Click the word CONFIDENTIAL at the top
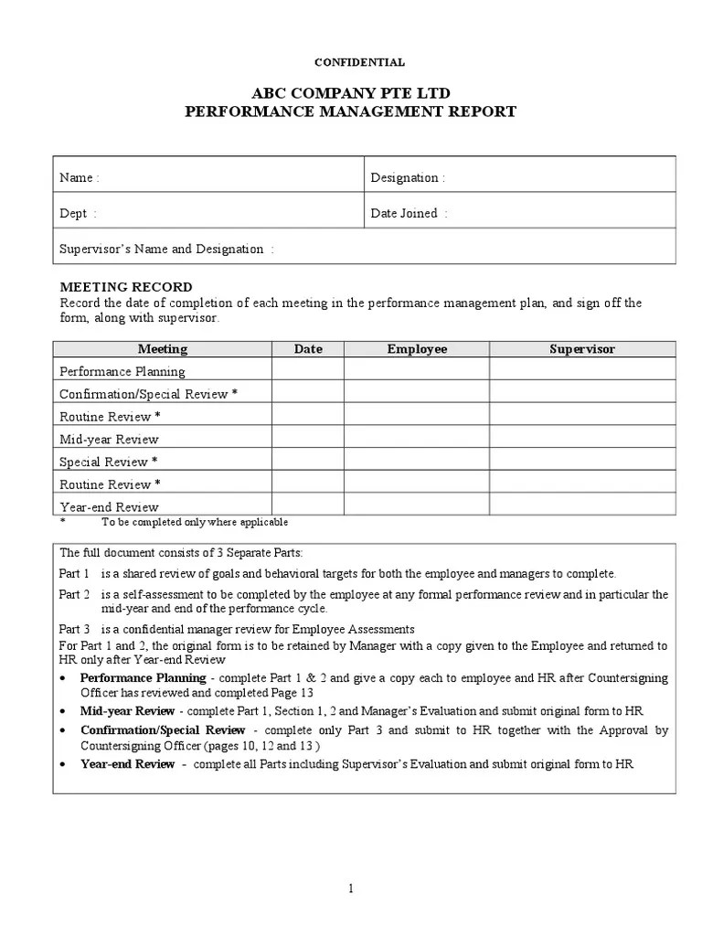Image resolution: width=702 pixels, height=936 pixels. point(359,62)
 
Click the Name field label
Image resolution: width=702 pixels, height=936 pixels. point(80,177)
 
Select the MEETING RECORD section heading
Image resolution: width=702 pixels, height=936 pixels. point(126,287)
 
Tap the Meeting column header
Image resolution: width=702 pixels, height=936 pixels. point(163,349)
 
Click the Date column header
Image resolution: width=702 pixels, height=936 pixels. point(308,349)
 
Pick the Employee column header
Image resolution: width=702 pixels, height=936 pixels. point(417,349)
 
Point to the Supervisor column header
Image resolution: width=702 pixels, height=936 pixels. point(582,349)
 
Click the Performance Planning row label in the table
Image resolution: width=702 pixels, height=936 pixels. point(122,371)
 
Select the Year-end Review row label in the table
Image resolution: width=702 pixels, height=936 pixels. point(109,506)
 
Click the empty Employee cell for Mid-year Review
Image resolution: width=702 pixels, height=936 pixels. point(417,438)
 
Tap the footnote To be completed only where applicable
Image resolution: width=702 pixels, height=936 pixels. point(195,522)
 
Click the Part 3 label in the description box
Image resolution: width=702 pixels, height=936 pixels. point(75,629)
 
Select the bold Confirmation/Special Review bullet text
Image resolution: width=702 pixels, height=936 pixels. point(163,729)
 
